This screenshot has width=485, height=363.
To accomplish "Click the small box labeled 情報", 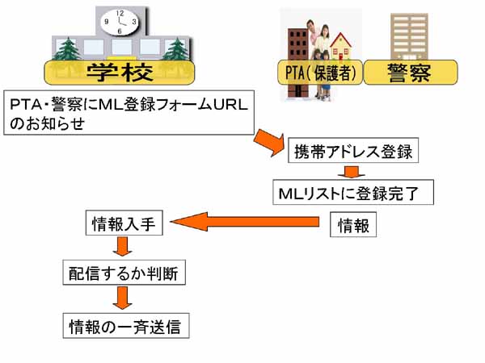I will pyautogui.click(x=353, y=226).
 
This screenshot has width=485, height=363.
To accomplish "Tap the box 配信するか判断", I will pyautogui.click(x=125, y=274).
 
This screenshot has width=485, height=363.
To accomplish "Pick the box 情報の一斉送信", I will pyautogui.click(x=128, y=327).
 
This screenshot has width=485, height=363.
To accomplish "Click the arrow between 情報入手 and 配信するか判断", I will pyautogui.click(x=123, y=247).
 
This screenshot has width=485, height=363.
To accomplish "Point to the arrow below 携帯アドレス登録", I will pyautogui.click(x=351, y=172).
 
